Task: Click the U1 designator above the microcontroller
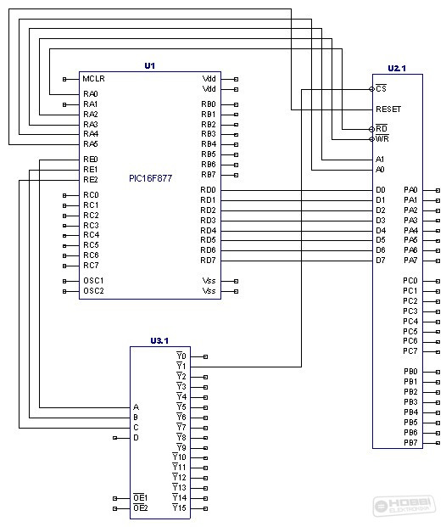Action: point(150,65)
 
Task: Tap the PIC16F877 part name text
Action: point(150,178)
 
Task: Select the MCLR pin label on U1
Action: point(94,79)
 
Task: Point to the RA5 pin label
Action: point(91,144)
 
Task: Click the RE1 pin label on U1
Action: point(91,170)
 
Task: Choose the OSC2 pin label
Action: point(93,291)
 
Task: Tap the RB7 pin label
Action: point(209,175)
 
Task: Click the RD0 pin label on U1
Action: point(209,190)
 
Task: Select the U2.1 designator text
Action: point(397,68)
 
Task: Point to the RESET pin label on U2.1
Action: point(388,109)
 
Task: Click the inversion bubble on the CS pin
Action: point(371,89)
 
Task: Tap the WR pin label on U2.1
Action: point(382,138)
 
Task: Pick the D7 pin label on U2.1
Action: point(381,261)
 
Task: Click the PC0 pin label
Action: point(410,281)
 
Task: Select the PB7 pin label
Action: point(410,443)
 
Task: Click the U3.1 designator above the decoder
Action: point(159,341)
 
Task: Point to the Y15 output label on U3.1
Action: point(180,507)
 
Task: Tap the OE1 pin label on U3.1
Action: point(141,498)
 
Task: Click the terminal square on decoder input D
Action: point(114,438)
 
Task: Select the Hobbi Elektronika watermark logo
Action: point(404,507)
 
